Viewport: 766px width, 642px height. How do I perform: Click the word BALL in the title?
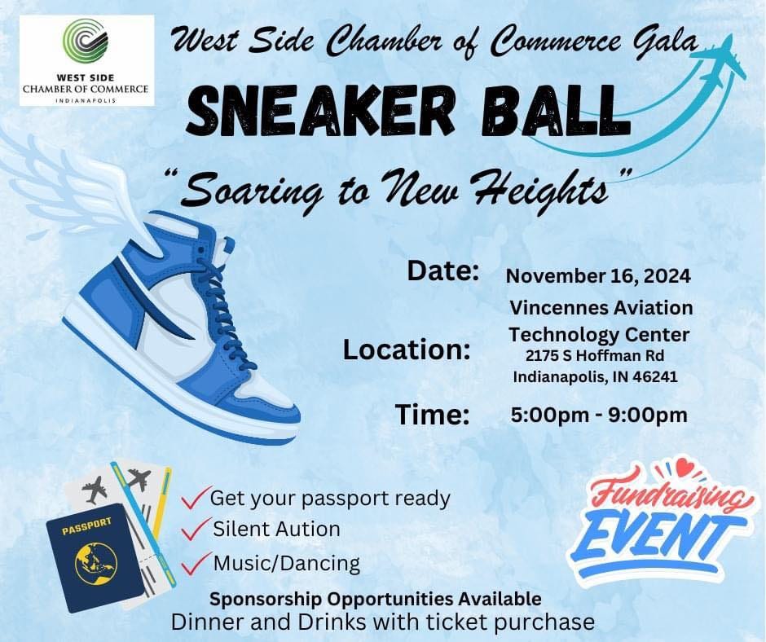coord(553,112)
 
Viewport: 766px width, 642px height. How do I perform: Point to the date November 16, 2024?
coord(598,276)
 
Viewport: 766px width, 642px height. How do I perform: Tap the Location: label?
coord(407,350)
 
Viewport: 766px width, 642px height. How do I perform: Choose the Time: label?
coord(433,415)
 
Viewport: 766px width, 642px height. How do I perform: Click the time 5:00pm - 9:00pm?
coord(599,415)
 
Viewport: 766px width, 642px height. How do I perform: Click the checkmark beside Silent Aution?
coord(196,530)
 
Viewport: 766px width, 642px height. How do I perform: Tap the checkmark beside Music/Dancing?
coord(196,563)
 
